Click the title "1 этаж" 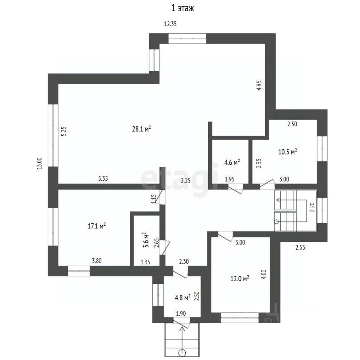(x=183, y=8)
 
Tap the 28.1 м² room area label (x=141, y=129)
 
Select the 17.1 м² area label (x=97, y=226)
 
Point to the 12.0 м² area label (x=240, y=279)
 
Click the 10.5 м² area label (x=288, y=152)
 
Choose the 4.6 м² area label (x=232, y=162)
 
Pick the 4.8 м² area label (x=183, y=298)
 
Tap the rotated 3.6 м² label (x=146, y=240)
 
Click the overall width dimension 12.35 (x=170, y=24)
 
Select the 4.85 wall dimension (x=259, y=85)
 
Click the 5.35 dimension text (x=103, y=178)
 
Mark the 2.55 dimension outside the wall (x=300, y=247)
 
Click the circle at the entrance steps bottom (x=183, y=352)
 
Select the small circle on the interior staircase (x=277, y=222)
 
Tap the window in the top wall (x=187, y=39)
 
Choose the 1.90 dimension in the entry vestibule (x=181, y=313)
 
